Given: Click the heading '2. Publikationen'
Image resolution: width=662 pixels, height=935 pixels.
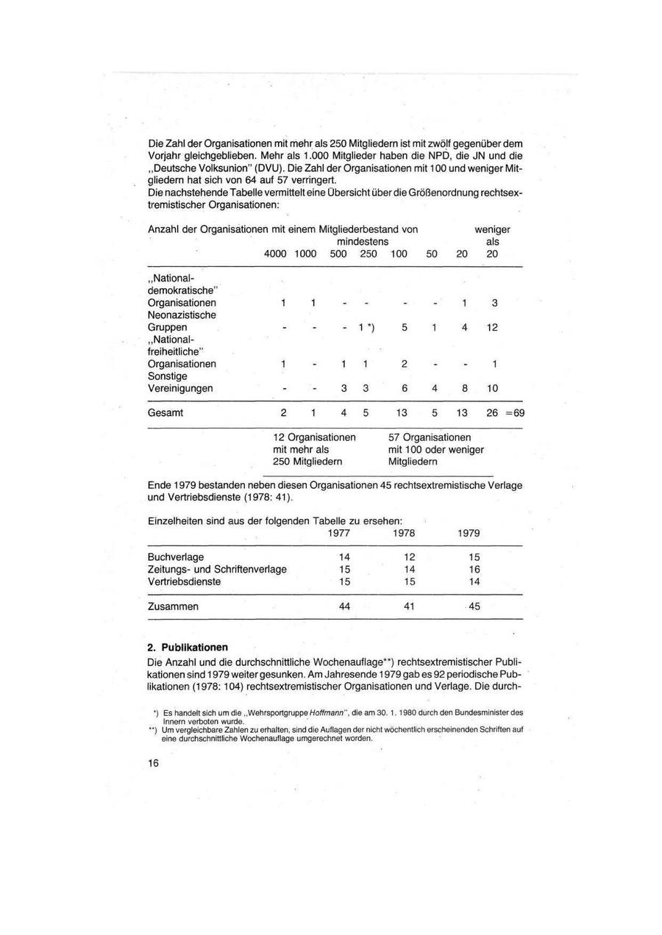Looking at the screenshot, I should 188,648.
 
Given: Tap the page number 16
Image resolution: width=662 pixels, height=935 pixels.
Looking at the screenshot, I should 153,763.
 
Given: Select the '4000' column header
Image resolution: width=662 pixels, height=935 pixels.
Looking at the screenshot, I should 275,254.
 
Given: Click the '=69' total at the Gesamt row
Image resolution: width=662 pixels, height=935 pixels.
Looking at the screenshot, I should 516,413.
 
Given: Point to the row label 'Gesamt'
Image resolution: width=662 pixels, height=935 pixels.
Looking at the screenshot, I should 165,413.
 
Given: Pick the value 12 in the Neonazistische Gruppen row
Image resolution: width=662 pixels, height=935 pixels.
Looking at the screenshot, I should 492,327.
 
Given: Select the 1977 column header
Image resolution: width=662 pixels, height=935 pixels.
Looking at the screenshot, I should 339,533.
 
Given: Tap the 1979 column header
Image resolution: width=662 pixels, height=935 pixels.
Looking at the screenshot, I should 469,533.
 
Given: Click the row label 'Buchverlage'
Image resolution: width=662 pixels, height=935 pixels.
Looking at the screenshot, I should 176,557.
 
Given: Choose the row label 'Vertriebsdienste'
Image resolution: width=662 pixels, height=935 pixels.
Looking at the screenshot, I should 184,581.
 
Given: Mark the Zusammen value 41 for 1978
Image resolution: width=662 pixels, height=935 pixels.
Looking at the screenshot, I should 409,606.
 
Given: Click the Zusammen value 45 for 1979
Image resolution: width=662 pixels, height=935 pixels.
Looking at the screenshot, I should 474,606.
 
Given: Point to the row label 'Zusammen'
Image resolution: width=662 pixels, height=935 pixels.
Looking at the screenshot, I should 173,606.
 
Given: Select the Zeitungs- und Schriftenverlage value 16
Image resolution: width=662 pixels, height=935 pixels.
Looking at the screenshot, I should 474,569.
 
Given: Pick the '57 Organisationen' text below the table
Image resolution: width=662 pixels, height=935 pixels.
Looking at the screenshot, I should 430,437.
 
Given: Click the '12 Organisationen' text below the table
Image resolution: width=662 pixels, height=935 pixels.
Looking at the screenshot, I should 314,437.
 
